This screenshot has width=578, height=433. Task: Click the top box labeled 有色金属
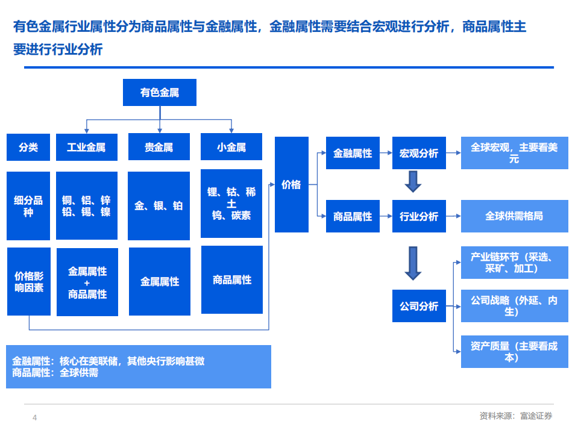[x=159, y=93]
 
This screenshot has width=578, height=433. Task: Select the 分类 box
[x=28, y=147]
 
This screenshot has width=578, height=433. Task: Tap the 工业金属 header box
[x=86, y=147]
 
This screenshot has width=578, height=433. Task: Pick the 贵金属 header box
[x=159, y=147]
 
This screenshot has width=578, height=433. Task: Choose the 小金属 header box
[x=231, y=147]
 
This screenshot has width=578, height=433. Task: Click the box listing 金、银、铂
[x=159, y=206]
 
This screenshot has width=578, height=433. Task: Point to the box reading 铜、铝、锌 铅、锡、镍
[x=86, y=206]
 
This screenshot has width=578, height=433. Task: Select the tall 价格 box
[x=291, y=184]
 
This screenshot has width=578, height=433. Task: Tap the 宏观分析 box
[x=419, y=153]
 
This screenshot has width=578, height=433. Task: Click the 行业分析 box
[x=419, y=216]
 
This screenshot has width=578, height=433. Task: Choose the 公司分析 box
[x=419, y=306]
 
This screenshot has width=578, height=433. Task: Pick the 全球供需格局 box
[x=514, y=216]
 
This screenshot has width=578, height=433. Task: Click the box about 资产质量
[x=514, y=352]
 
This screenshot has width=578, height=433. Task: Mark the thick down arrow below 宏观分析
[x=413, y=181]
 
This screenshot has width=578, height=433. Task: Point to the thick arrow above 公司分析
[x=413, y=263]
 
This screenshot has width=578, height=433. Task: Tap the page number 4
[x=34, y=418]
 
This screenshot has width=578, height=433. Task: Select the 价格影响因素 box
[x=28, y=281]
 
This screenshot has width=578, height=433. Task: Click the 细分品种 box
[x=28, y=206]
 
